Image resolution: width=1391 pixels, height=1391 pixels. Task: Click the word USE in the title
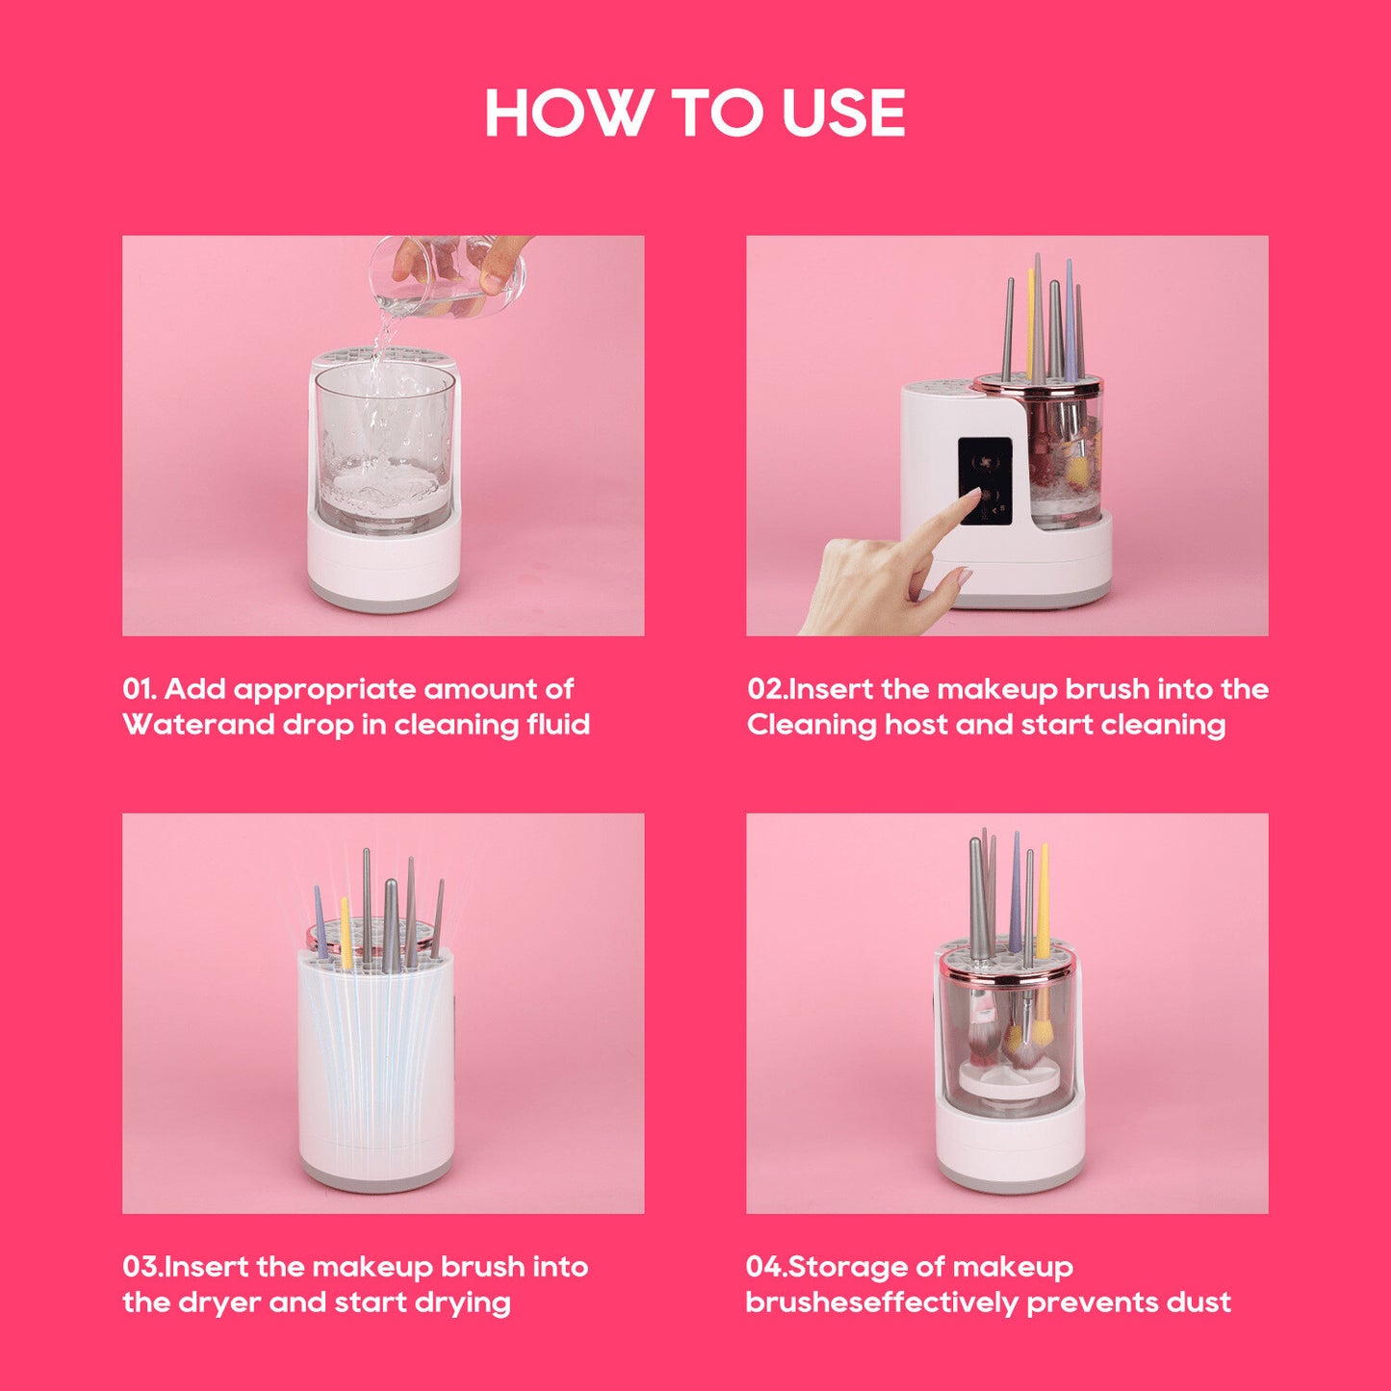point(843,114)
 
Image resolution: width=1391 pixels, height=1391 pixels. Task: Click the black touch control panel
point(985,480)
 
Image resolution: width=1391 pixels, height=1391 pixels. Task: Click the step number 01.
point(139,689)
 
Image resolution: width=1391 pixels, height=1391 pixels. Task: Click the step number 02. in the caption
point(767,689)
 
